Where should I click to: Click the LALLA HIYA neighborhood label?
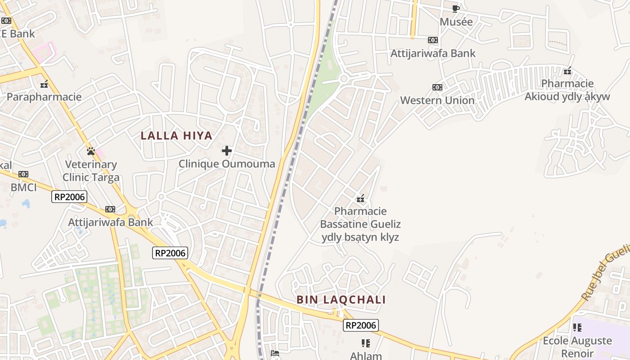point(176,135)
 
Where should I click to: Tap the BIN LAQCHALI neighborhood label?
point(341,300)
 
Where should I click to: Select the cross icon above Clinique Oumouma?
point(227,151)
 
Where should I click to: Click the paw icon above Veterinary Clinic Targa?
point(91,151)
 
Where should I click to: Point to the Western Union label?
point(437,100)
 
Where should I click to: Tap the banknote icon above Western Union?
point(437,87)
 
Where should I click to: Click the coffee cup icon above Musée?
point(456,9)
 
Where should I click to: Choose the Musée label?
point(456,22)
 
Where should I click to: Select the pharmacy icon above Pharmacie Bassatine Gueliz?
point(360,198)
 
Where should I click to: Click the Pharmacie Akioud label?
point(567,90)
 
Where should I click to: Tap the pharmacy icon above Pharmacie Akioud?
point(567,71)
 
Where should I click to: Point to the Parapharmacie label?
point(44,97)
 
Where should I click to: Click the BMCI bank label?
point(23,187)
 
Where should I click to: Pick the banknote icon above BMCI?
point(23,174)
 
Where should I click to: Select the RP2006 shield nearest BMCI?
point(69,196)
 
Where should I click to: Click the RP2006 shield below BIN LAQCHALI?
point(360,325)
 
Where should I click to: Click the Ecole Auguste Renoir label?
point(577,346)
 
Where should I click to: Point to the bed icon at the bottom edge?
point(275,353)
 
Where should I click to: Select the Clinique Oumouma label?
point(227,164)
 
